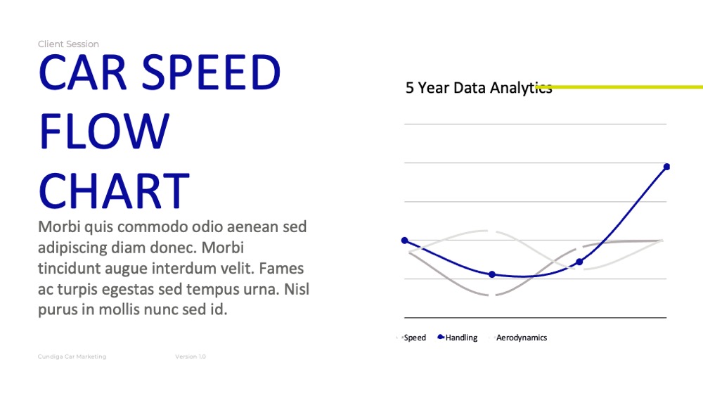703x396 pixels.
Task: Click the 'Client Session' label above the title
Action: pos(68,44)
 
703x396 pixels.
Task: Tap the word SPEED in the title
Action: pos(211,72)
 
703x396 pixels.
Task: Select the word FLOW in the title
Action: pos(105,131)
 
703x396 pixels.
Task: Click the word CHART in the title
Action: pos(115,191)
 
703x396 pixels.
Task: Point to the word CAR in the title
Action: pos(83,72)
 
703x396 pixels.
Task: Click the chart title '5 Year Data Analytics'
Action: pos(479,88)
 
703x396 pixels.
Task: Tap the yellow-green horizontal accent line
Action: pos(619,87)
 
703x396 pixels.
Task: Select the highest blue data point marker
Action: pos(666,167)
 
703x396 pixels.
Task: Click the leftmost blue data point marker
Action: pos(405,241)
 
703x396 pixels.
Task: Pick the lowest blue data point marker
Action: pos(492,274)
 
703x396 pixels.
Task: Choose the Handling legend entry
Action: pos(458,338)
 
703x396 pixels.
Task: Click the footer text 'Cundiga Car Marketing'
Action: pos(72,357)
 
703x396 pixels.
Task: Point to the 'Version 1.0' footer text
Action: pos(191,357)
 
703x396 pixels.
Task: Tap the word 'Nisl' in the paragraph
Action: pos(297,289)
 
